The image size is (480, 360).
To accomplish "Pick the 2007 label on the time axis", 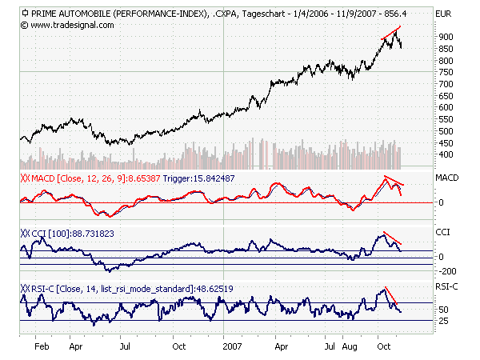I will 232,349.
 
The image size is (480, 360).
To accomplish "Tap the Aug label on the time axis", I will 350,349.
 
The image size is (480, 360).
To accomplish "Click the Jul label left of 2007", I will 125,349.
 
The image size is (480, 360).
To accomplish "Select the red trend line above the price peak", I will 391,33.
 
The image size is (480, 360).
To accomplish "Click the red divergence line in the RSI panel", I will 391,297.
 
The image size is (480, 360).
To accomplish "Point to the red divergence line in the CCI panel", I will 391,238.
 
